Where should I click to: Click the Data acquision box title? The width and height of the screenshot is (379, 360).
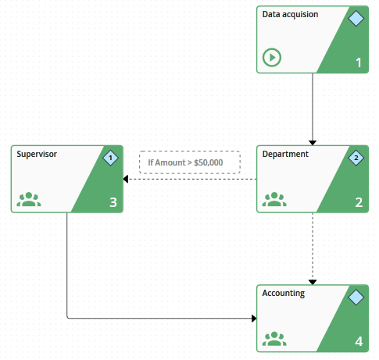[x=290, y=15]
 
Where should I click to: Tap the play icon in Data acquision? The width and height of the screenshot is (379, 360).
[x=272, y=57]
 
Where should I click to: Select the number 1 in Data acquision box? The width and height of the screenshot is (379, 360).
[x=359, y=62]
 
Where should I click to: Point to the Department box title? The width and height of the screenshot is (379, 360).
[x=285, y=155]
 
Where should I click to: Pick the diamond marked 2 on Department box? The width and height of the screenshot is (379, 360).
[x=356, y=158]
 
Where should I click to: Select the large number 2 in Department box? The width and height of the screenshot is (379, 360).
[x=359, y=203]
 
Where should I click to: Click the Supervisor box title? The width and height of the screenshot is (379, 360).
[x=37, y=155]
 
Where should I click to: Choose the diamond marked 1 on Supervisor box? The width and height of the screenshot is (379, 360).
[x=110, y=158]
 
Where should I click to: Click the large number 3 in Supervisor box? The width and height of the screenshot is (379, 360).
[x=113, y=203]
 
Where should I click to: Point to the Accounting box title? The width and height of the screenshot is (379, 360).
[x=284, y=294]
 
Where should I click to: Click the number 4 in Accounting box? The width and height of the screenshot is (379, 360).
[x=359, y=342]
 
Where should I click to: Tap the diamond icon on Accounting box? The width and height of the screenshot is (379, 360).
[x=356, y=297]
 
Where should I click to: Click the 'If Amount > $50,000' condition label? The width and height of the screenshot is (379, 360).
[x=190, y=162]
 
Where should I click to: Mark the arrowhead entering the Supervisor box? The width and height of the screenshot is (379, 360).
[x=127, y=179]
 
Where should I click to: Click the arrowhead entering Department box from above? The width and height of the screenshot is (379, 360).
[x=313, y=142]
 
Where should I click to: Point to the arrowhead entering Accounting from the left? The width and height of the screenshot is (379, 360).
[x=253, y=319]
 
